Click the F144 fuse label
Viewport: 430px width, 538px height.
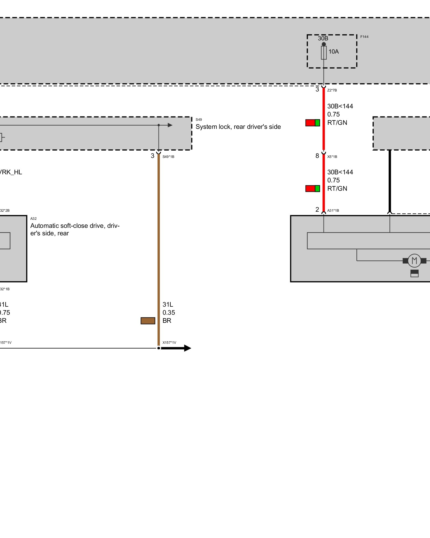point(364,37)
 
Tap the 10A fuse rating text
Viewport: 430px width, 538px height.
point(334,52)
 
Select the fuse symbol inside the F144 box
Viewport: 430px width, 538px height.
point(324,53)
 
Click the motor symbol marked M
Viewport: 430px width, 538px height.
point(414,260)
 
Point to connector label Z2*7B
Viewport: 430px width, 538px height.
point(332,90)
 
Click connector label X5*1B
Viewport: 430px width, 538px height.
point(332,157)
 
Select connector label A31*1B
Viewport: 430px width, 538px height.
point(333,211)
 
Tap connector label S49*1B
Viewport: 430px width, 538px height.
point(168,157)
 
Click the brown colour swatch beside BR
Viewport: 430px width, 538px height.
point(148,321)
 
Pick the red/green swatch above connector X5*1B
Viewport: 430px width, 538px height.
point(313,123)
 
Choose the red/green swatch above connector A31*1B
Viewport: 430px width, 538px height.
point(313,189)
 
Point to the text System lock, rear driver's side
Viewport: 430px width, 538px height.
point(238,127)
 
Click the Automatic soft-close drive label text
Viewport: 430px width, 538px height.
point(75,229)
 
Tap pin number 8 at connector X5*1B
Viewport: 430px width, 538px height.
point(317,156)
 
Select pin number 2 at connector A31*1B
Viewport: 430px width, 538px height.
point(317,210)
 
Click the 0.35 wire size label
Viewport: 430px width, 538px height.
point(169,313)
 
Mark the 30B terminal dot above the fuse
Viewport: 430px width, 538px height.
point(324,44)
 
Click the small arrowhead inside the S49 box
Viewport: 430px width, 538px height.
point(170,125)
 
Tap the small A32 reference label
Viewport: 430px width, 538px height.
point(33,219)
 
